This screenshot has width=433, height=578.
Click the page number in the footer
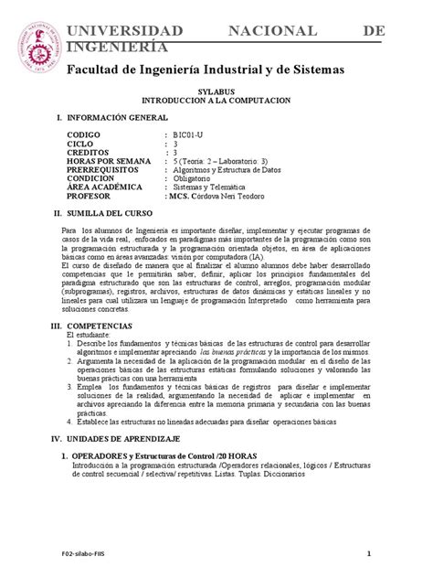[x=368, y=552]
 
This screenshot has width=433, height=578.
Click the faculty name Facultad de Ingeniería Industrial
[x=202, y=70]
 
